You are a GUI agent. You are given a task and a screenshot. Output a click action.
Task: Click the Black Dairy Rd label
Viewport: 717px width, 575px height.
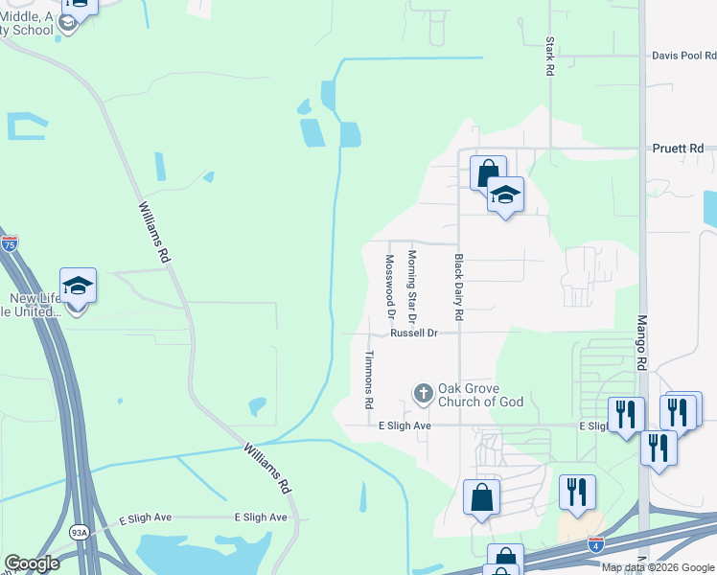coord(459,287)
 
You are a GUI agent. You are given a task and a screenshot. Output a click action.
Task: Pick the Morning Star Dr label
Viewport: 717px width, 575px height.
coord(412,280)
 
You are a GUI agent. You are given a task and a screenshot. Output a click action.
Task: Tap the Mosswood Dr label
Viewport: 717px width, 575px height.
coord(389,286)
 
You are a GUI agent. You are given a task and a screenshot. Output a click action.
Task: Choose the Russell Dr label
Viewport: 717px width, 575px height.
coord(413,333)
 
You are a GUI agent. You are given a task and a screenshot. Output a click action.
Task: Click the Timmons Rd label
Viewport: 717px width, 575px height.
coord(368,379)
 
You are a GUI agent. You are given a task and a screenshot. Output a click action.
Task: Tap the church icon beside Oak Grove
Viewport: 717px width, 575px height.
coord(424,393)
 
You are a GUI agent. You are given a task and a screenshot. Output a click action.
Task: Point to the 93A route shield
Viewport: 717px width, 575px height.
coord(78,531)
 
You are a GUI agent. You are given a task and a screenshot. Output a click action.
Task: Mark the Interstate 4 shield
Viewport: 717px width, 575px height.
coord(596,544)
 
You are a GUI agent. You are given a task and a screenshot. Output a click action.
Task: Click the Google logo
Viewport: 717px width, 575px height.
coord(32,563)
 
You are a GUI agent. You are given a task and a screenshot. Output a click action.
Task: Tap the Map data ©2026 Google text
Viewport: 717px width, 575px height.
coord(658,567)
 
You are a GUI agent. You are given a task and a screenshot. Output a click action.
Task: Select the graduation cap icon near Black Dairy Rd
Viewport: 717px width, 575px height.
coord(505,195)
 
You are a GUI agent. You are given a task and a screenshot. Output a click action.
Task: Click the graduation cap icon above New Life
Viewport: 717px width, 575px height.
coord(79,286)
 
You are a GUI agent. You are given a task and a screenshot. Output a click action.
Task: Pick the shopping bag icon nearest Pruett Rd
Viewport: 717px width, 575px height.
coord(487,174)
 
